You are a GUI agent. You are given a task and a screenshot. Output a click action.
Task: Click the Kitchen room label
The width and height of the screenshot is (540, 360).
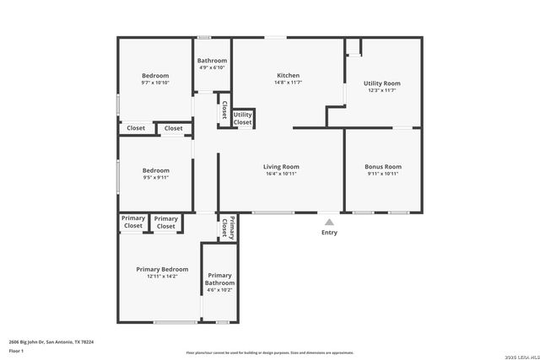[288, 76]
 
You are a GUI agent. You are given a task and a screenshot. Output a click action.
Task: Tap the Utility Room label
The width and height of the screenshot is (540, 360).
[381, 83]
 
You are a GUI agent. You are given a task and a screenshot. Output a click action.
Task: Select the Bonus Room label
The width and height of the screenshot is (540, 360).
[382, 167]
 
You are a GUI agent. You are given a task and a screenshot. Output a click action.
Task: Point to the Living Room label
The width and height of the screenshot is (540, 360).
[281, 167]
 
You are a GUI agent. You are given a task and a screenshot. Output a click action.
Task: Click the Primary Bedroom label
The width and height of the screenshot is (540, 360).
[162, 269]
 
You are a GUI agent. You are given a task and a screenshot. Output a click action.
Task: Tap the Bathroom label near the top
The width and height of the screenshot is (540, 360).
[212, 61]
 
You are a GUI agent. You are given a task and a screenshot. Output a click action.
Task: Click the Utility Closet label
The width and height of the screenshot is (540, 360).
[242, 119]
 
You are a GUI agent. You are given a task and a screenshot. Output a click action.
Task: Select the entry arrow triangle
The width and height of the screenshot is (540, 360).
[329, 222]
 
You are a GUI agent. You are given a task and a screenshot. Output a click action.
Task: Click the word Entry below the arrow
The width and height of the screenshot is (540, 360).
[329, 233]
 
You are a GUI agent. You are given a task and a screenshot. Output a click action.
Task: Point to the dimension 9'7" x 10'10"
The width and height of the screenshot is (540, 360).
[154, 83]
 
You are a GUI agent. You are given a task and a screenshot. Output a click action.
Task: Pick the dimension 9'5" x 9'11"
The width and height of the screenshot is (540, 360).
[154, 177]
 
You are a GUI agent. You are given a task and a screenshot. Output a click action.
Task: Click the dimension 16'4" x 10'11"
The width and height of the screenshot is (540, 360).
[281, 174]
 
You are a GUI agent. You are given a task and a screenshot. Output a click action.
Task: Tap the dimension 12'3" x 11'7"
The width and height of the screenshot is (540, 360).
[381, 90]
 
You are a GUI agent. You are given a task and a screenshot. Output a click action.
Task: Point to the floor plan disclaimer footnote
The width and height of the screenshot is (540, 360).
[269, 352]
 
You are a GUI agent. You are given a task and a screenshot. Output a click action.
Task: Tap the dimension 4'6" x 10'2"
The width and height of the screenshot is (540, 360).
[219, 290]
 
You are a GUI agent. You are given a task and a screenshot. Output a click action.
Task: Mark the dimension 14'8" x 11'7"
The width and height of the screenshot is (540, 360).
[288, 83]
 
